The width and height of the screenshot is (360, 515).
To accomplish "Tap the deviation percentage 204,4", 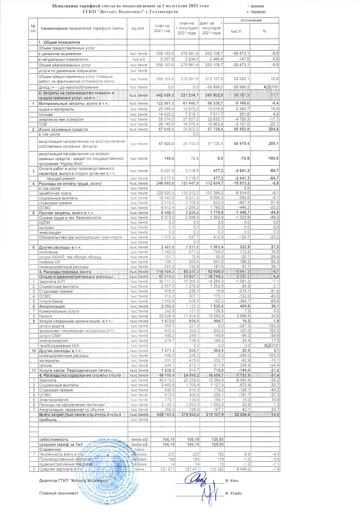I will pos(272,129).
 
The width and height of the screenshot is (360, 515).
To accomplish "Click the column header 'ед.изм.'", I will pos(138,28).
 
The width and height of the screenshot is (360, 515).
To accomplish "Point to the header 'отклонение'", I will pos(251,20).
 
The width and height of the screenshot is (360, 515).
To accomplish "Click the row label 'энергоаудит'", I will pos(50,232).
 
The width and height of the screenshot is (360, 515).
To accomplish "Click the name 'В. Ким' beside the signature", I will pos(232,480).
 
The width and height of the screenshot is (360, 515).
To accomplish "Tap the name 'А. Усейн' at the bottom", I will pos(234,493).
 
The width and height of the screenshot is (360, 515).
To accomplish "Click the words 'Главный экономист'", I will pos(59,493).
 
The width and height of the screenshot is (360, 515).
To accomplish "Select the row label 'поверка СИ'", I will pos(49,262).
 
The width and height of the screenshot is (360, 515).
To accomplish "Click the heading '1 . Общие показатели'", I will pos(59,42).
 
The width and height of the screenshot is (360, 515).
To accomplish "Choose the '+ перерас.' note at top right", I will pos(256,12).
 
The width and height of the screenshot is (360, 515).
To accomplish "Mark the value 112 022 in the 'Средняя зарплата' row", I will pos(217,469).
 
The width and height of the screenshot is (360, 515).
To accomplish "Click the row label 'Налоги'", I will pos(45,316).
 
